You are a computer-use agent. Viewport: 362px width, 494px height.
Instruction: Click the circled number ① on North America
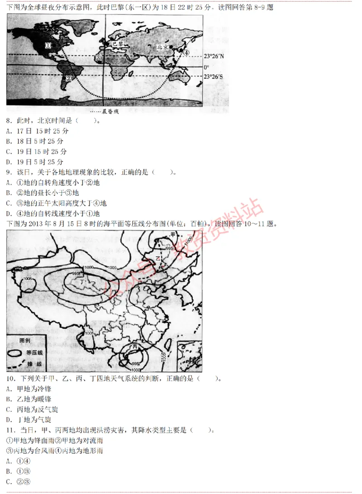click(48, 45)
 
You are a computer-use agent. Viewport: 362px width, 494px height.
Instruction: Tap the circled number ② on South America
click(69, 77)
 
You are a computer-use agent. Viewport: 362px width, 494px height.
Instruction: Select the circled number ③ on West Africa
click(98, 58)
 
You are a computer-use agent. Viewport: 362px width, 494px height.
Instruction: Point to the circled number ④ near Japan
click(186, 52)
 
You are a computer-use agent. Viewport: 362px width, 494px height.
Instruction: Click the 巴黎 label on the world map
click(117, 43)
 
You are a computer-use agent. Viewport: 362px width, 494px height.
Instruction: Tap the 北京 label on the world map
click(162, 47)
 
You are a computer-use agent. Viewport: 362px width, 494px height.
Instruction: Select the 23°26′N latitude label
click(213, 56)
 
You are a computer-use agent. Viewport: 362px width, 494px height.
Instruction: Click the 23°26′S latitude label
click(213, 77)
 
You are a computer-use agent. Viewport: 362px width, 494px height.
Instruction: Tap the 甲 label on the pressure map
click(172, 234)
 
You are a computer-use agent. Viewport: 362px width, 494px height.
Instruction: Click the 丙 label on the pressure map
click(134, 346)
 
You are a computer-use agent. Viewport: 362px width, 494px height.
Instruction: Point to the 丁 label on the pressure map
click(81, 282)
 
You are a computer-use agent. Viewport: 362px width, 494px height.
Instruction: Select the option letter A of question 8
click(9, 131)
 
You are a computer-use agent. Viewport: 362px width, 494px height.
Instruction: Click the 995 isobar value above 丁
click(76, 274)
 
